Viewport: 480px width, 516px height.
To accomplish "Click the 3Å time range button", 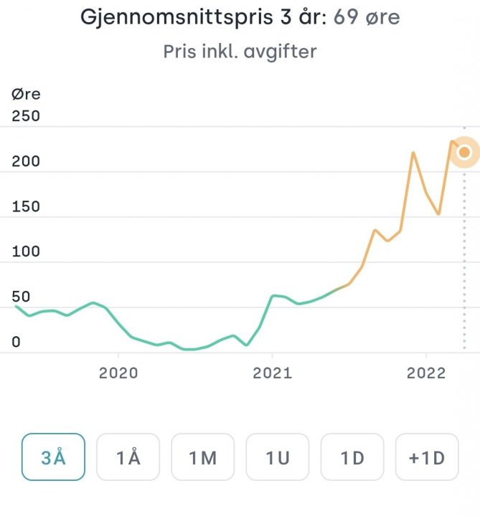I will (53, 457).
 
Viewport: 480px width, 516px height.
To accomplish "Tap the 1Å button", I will (128, 457).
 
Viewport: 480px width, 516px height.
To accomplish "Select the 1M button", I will (202, 457).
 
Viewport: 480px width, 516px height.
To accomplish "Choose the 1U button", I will (277, 457).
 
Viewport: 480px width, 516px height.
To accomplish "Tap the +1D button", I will (426, 457).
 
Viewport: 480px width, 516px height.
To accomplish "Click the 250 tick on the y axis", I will (27, 116).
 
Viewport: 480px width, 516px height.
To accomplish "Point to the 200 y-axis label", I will (27, 161).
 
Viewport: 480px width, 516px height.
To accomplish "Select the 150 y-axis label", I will (27, 206).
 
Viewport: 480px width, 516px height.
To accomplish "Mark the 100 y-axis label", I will (27, 252).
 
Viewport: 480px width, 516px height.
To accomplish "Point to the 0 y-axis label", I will (17, 342).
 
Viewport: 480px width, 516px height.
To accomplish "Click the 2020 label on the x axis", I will (118, 374).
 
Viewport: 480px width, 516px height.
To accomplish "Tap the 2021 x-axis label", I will (273, 374).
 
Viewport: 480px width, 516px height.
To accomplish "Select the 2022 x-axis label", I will (426, 374).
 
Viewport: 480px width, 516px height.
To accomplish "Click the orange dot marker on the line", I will (464, 152).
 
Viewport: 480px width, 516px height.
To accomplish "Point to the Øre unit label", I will (27, 94).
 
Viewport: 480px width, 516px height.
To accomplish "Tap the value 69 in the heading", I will (346, 17).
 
